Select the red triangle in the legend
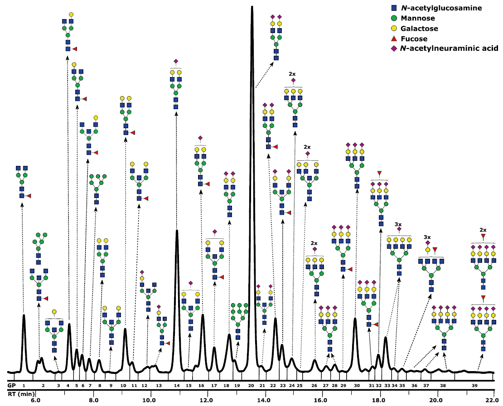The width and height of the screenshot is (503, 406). (x=394, y=39)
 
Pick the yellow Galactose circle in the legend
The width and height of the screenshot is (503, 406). (x=394, y=29)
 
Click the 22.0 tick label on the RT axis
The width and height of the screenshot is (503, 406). (x=493, y=400)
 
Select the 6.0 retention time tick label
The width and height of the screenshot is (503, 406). (x=35, y=400)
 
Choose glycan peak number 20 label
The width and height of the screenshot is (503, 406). (x=251, y=385)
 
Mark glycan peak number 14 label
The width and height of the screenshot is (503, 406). (x=177, y=385)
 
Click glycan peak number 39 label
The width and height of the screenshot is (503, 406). (x=474, y=385)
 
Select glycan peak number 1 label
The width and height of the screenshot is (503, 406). (x=24, y=385)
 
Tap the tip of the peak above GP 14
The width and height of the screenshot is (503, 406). (x=177, y=231)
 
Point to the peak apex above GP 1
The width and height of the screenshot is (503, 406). (x=24, y=314)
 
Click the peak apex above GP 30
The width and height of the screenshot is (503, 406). (x=355, y=318)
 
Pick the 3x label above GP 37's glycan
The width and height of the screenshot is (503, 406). (x=427, y=237)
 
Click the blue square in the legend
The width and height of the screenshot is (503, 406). (x=394, y=8)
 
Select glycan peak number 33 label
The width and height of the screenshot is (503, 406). (x=387, y=385)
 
